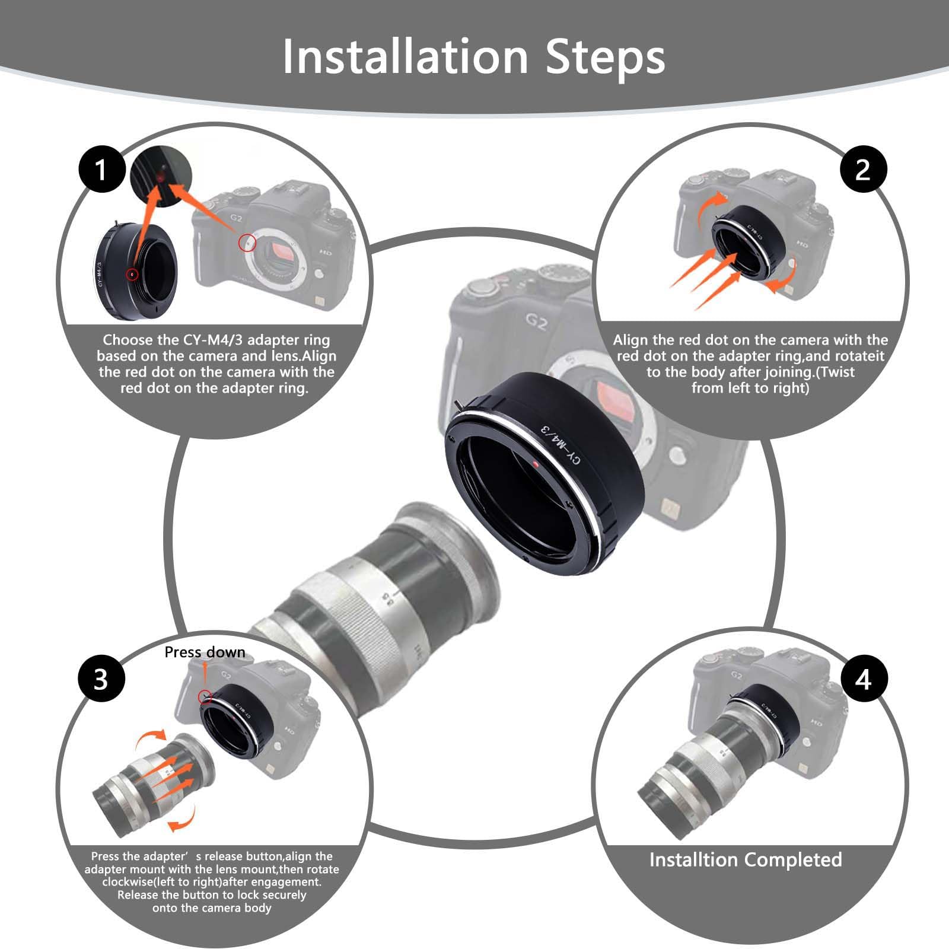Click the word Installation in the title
coord(405,57)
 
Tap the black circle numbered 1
coord(101,170)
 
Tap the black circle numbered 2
coord(862,170)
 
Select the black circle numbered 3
coord(101,679)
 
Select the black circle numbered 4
coord(862,679)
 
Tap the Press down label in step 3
coord(205,652)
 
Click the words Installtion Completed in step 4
coord(746,859)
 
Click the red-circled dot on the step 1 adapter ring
coord(132,274)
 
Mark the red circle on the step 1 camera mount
coord(247,242)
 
